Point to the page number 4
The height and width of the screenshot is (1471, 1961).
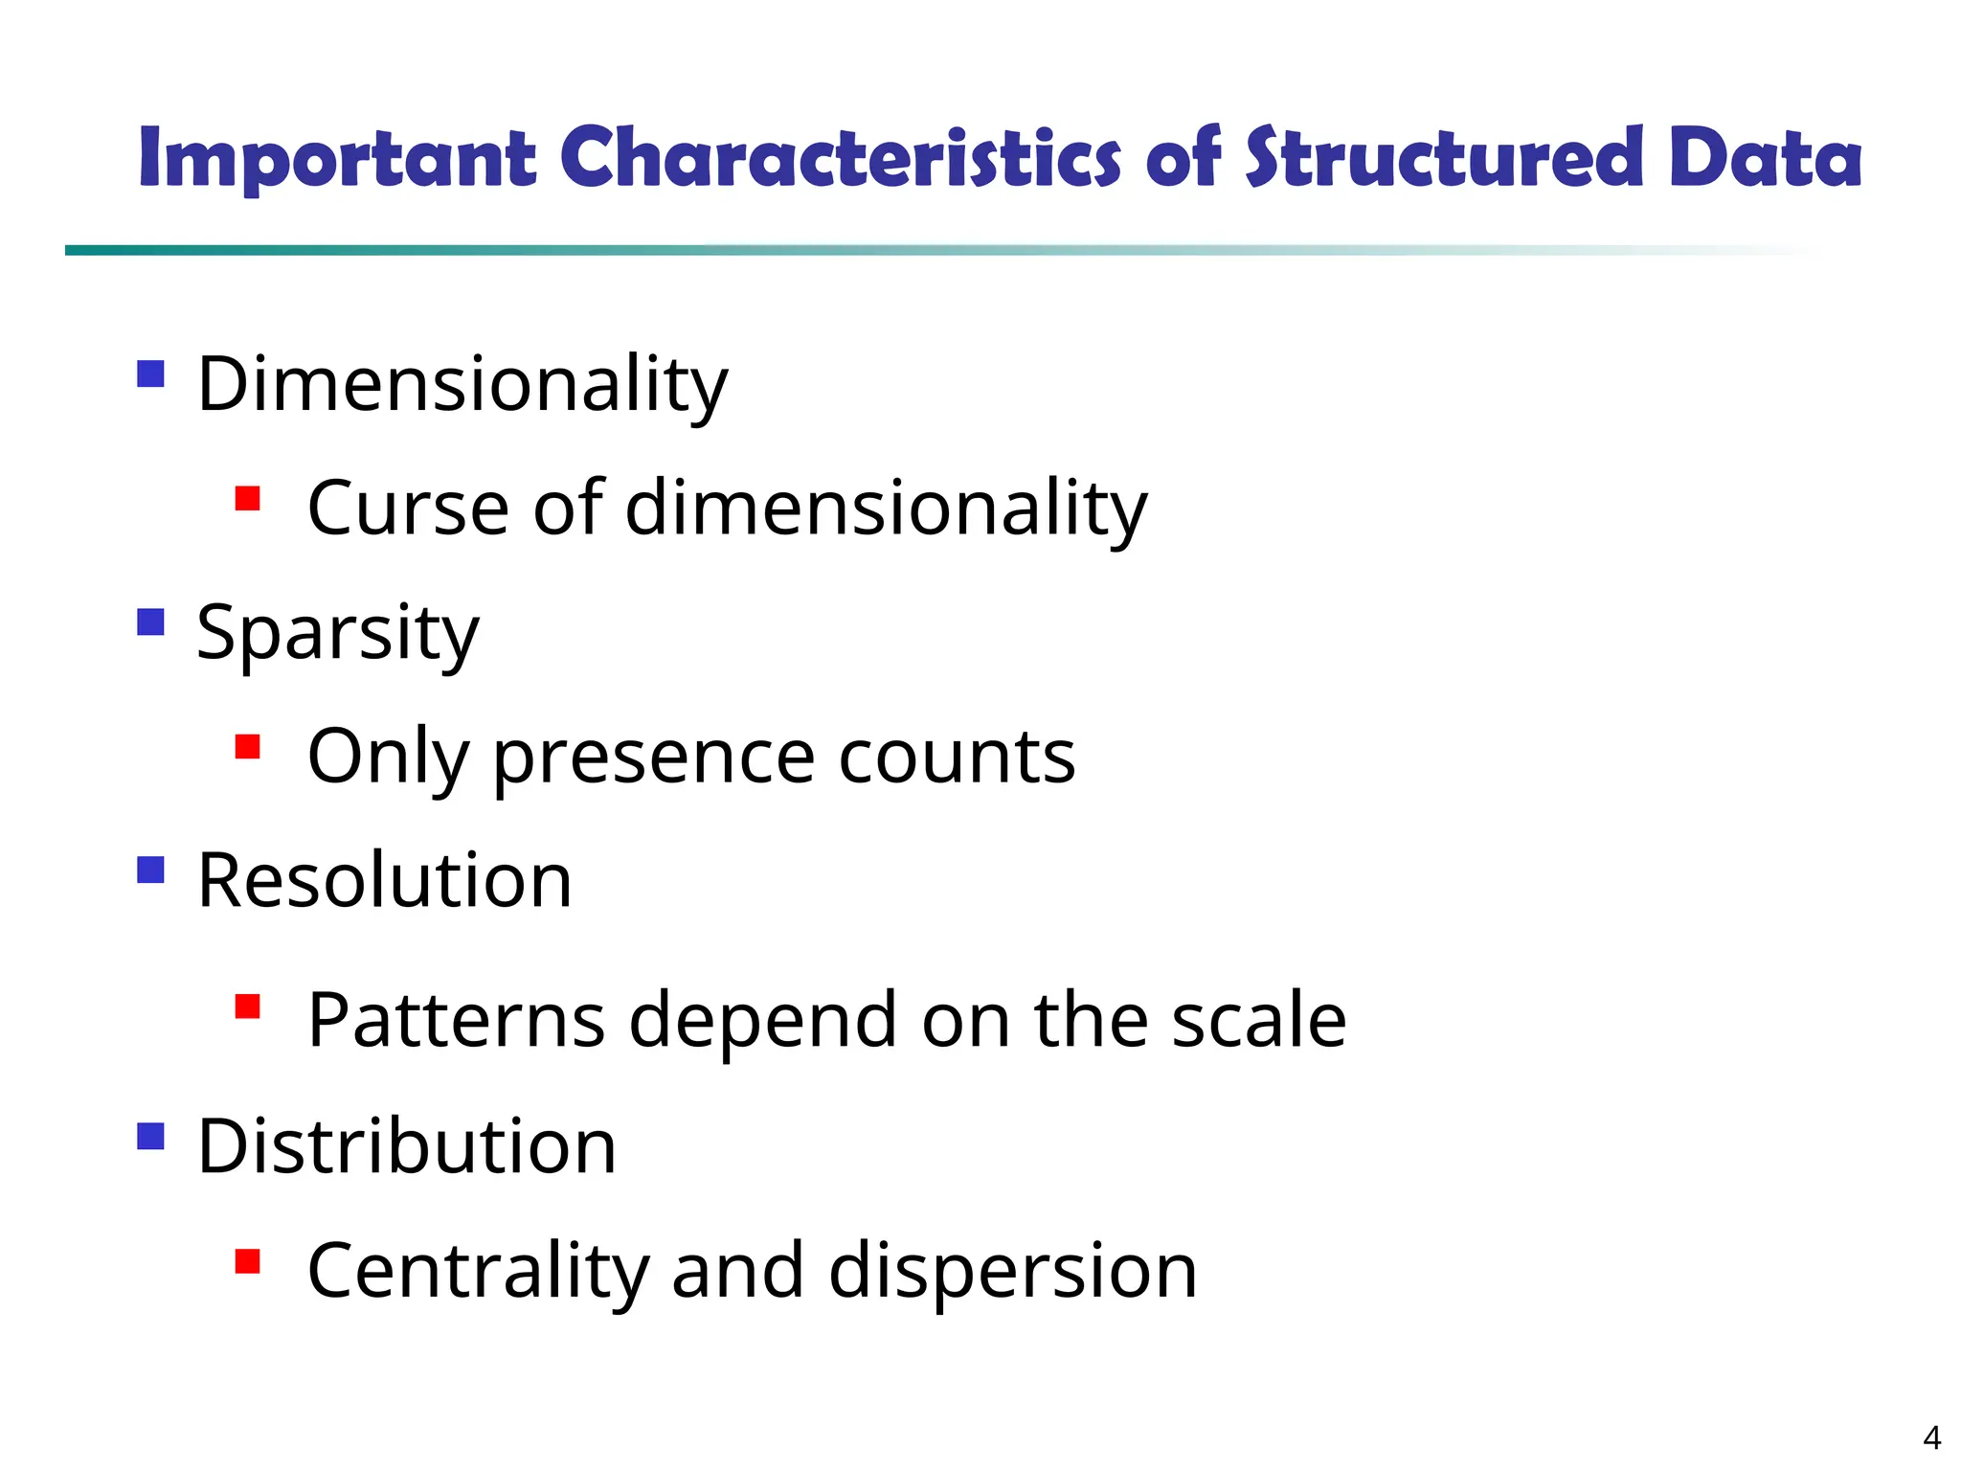click(x=1931, y=1437)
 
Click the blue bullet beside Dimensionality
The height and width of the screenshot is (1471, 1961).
click(x=150, y=373)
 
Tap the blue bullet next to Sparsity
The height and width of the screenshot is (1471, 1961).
click(x=150, y=622)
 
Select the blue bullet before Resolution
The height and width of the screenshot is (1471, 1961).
click(x=150, y=870)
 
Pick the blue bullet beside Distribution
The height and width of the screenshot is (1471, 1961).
click(x=150, y=1136)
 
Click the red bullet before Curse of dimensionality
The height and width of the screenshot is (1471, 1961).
click(x=248, y=499)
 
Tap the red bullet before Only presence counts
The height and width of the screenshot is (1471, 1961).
click(x=248, y=746)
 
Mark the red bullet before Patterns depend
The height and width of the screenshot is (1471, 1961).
click(x=248, y=1007)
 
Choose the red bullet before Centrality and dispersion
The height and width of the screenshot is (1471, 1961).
click(x=248, y=1261)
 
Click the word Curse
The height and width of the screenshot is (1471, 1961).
click(x=408, y=508)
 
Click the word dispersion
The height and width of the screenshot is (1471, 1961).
click(x=1012, y=1272)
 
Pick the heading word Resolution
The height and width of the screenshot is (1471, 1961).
click(x=384, y=880)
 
